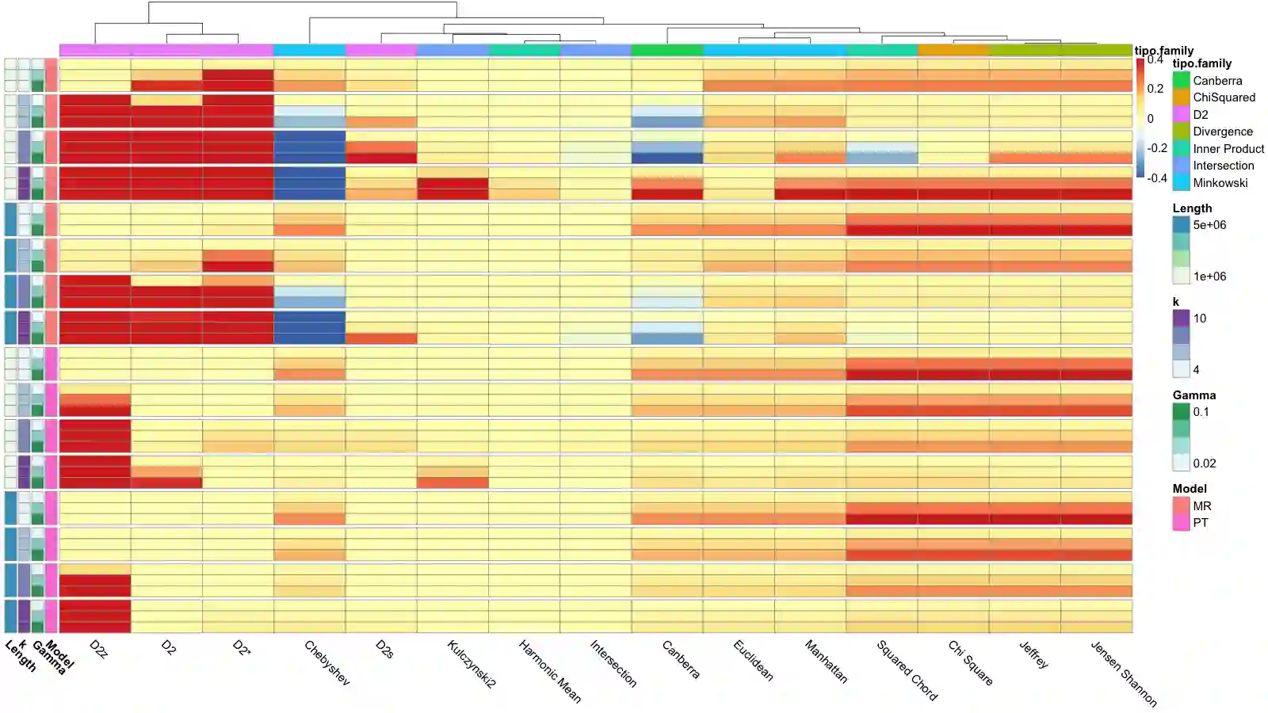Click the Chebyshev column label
click(327, 662)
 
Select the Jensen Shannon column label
click(1123, 673)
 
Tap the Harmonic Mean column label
click(549, 671)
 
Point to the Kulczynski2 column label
click(471, 664)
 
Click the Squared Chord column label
click(907, 669)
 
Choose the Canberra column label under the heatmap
click(681, 659)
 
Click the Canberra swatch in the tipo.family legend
click(1181, 81)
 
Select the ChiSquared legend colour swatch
click(1181, 97)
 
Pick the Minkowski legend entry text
click(1220, 183)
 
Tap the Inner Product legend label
click(1228, 149)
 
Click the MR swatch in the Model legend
click(1181, 505)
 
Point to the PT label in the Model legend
click(1201, 523)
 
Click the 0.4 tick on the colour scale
click(1155, 59)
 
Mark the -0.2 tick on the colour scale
click(1157, 148)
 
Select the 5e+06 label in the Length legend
click(1209, 225)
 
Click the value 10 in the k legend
click(1200, 318)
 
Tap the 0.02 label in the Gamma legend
click(1205, 463)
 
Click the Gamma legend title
click(1194, 395)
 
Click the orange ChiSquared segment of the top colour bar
click(953, 50)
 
